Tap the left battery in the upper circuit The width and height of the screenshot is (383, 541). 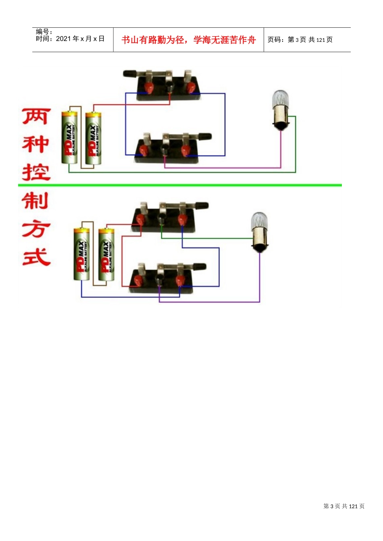(x=69, y=138)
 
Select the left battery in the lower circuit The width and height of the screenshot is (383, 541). (x=81, y=254)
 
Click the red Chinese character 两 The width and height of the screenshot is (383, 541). (x=36, y=116)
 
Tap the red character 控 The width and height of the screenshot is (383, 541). (x=36, y=172)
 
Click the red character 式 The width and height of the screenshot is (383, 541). (x=36, y=257)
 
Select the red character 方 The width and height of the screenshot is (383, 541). (x=36, y=229)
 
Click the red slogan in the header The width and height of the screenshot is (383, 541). (x=189, y=40)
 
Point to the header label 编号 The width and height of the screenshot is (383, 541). (x=43, y=32)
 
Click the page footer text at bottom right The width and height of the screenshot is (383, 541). (x=344, y=506)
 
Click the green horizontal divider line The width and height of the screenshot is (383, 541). (x=180, y=185)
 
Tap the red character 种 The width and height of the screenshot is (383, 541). (x=36, y=145)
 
